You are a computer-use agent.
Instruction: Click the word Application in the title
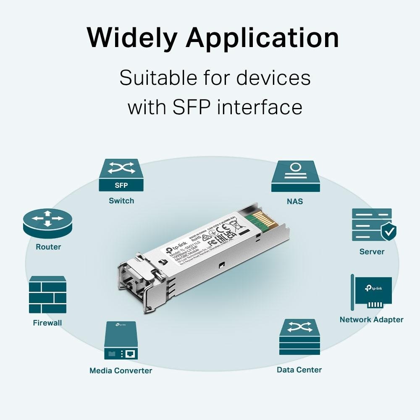[x=262, y=38]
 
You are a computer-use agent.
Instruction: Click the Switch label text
[x=121, y=201]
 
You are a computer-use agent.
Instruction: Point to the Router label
[x=48, y=247]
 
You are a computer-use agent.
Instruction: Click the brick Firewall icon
[x=47, y=295]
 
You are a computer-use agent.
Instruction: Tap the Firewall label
[x=47, y=323]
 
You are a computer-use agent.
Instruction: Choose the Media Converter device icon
[x=121, y=340]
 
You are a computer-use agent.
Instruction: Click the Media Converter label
[x=121, y=370]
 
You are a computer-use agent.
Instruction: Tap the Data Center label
[x=299, y=370]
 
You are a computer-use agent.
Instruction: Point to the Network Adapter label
[x=371, y=320]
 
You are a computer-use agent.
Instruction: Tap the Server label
[x=372, y=252]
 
